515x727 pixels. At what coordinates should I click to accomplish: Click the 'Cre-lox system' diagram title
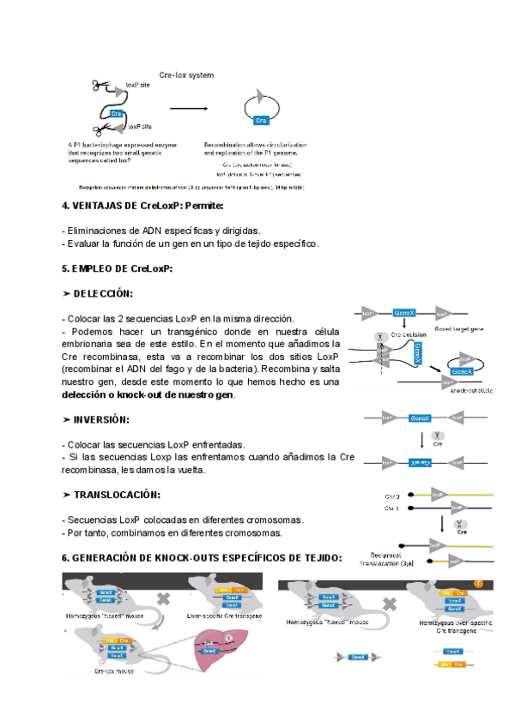click(x=186, y=75)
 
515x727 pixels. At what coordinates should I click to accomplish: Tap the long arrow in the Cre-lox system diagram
click(x=192, y=109)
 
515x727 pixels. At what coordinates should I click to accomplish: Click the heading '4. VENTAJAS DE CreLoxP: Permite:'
click(x=142, y=206)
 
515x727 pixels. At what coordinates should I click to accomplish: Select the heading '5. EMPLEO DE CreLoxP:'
click(x=117, y=268)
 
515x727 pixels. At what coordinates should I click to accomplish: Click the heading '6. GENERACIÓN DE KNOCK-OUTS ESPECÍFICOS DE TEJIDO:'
click(x=202, y=558)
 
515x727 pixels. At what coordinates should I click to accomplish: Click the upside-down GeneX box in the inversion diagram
click(x=419, y=462)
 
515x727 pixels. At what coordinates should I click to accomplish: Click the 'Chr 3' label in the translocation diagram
click(x=391, y=495)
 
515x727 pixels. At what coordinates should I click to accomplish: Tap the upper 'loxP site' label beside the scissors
click(x=138, y=87)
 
